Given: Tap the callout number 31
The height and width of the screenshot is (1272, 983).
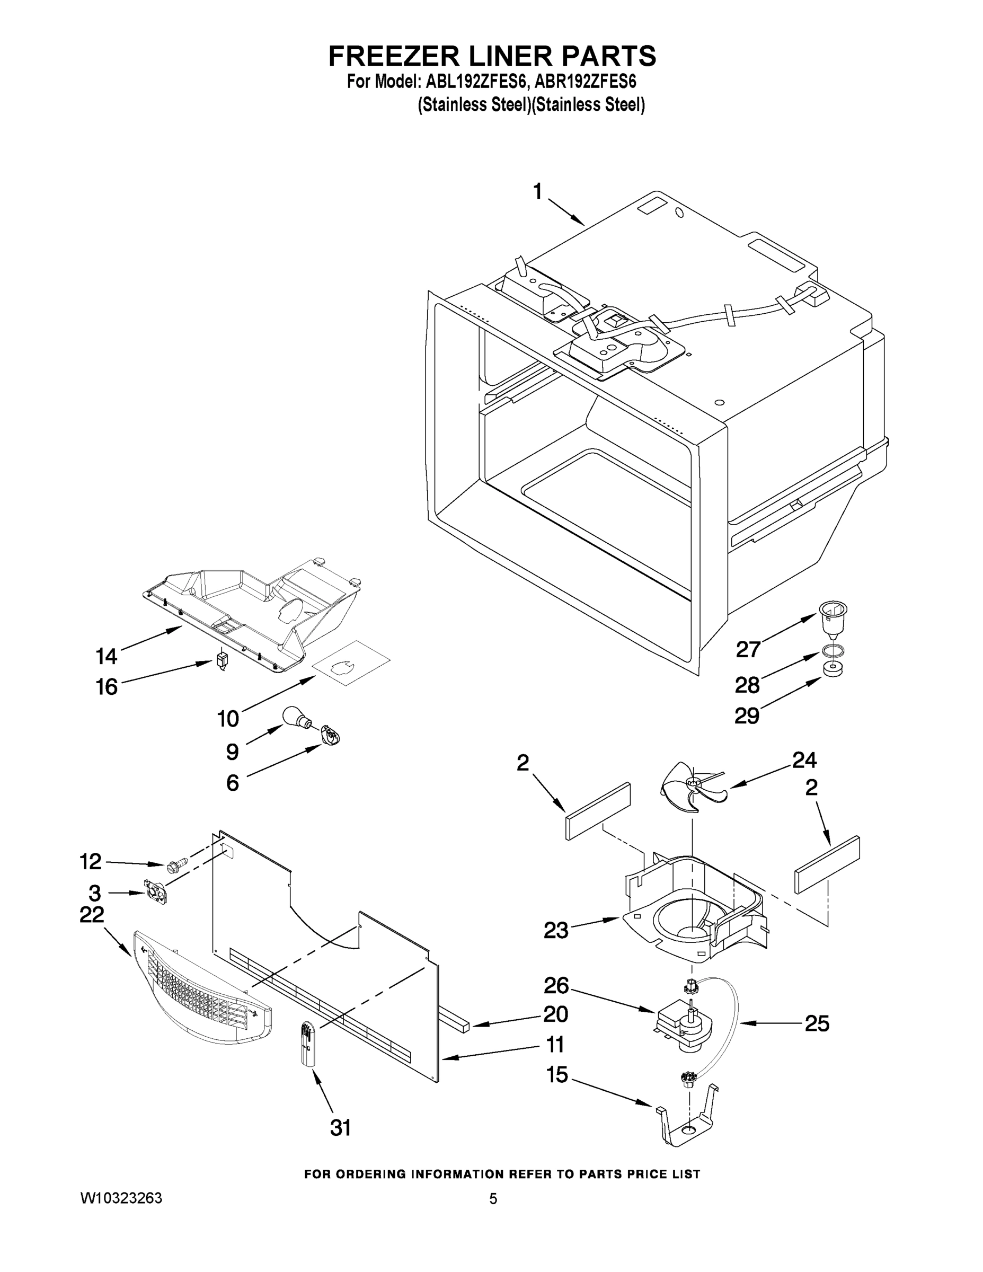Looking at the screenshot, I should [341, 1129].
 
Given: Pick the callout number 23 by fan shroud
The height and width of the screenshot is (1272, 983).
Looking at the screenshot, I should [555, 931].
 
